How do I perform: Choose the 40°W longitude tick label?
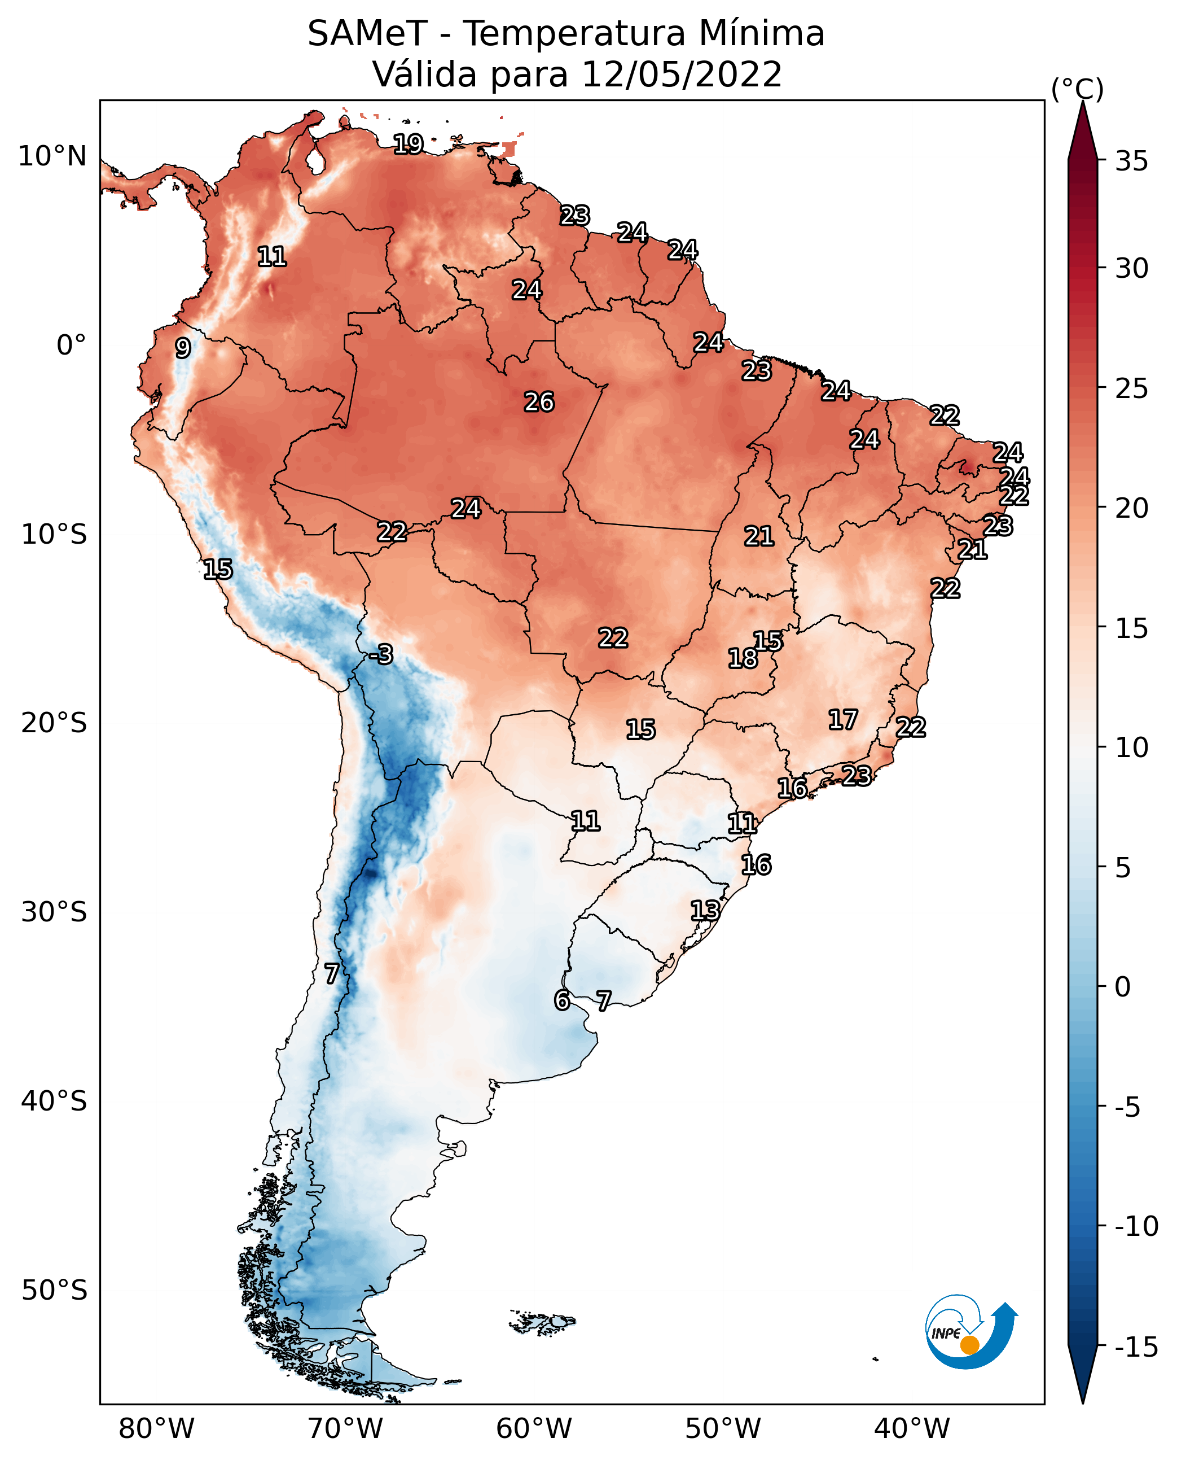912,1429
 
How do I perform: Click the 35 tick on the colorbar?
1131,161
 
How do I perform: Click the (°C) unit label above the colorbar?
1077,89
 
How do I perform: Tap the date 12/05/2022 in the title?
682,74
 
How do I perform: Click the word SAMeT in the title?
367,33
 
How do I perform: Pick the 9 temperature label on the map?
182,348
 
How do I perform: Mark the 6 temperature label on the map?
561,1000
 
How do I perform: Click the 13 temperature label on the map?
705,911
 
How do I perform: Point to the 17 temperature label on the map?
843,719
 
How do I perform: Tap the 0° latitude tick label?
71,346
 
